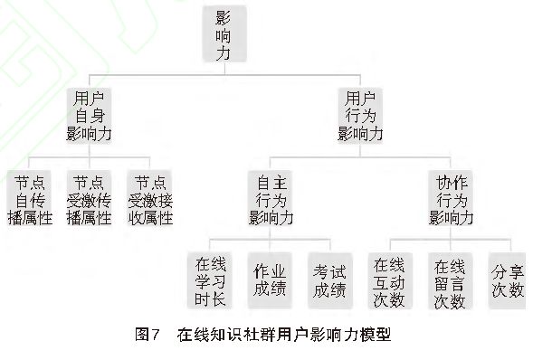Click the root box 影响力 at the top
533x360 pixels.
click(x=224, y=34)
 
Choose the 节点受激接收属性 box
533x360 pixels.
click(x=149, y=200)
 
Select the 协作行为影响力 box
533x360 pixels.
click(x=451, y=200)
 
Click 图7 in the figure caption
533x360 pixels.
click(x=147, y=334)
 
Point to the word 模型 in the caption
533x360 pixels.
click(x=376, y=334)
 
